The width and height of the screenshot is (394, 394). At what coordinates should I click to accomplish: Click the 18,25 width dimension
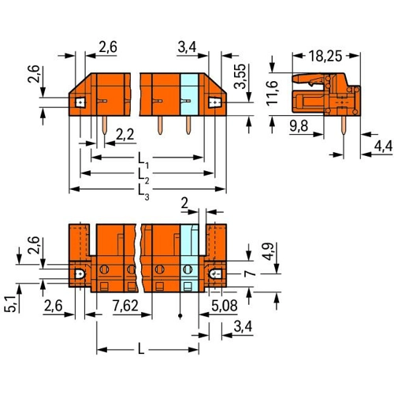[325, 56]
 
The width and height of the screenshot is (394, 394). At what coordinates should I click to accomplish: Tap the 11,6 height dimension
[272, 93]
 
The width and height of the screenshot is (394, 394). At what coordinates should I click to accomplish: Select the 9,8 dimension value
[299, 126]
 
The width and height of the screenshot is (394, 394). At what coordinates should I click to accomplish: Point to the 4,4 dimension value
[383, 146]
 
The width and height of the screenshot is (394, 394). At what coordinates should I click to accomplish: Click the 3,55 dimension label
[240, 76]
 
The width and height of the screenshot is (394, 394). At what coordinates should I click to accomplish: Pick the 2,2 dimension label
[125, 135]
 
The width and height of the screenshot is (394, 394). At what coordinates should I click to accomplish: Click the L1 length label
[143, 160]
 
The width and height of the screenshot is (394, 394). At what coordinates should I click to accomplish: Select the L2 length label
[143, 175]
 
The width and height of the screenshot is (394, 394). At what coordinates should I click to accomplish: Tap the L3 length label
[143, 191]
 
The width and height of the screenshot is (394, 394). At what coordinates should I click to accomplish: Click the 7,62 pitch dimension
[125, 306]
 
